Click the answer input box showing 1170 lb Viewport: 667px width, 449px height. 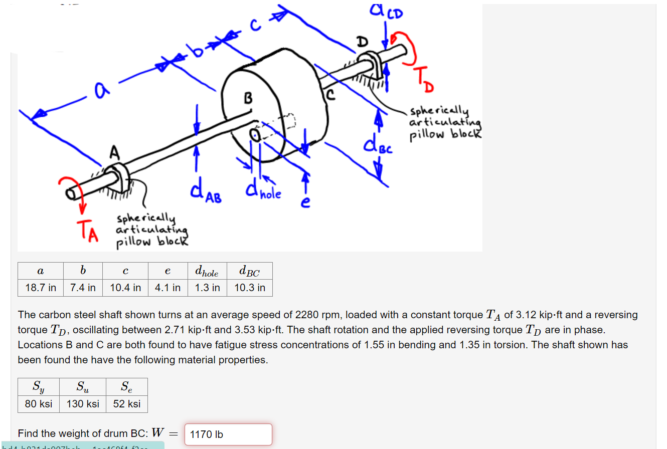point(228,434)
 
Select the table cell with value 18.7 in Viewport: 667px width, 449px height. point(41,288)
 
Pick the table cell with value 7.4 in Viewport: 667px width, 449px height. point(83,288)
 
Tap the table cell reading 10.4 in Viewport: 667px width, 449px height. point(125,288)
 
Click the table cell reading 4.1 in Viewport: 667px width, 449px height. point(168,288)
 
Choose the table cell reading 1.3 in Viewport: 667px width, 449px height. point(207,288)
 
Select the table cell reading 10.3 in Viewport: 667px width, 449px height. point(250,288)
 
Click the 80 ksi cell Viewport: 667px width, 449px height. point(39,404)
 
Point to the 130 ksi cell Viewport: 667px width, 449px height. point(83,404)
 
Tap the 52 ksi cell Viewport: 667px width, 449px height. point(127,404)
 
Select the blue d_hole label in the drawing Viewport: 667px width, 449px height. point(263,191)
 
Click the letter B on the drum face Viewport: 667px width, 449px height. point(248,97)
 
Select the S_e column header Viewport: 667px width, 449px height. point(127,386)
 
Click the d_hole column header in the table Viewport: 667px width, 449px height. point(207,272)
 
